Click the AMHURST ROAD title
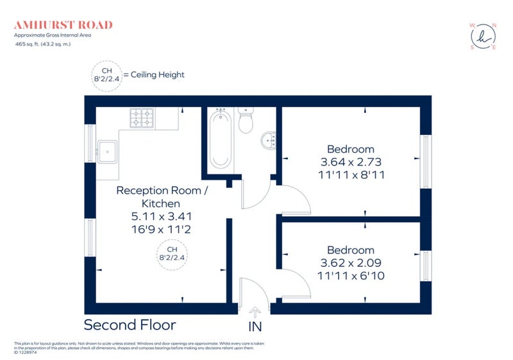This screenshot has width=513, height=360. (63, 25)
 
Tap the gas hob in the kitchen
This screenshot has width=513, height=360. (142, 118)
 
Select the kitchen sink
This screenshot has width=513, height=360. (107, 151)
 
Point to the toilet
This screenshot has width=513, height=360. (246, 120)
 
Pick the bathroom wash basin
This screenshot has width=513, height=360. (269, 141)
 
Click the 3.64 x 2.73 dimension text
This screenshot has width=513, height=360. (351, 162)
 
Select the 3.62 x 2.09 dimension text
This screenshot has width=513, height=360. (351, 263)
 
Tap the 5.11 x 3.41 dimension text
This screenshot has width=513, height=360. (162, 216)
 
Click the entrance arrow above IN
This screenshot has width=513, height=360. (255, 313)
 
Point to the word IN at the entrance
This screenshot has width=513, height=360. (255, 327)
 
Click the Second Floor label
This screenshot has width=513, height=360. (130, 325)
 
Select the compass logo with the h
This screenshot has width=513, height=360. (484, 37)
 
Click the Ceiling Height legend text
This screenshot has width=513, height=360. (157, 74)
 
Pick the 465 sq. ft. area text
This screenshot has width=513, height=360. (42, 44)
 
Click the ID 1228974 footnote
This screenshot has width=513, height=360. (26, 352)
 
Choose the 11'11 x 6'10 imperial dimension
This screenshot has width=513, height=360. (351, 276)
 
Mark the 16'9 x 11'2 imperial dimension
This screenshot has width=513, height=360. (162, 230)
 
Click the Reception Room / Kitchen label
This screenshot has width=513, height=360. (162, 197)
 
